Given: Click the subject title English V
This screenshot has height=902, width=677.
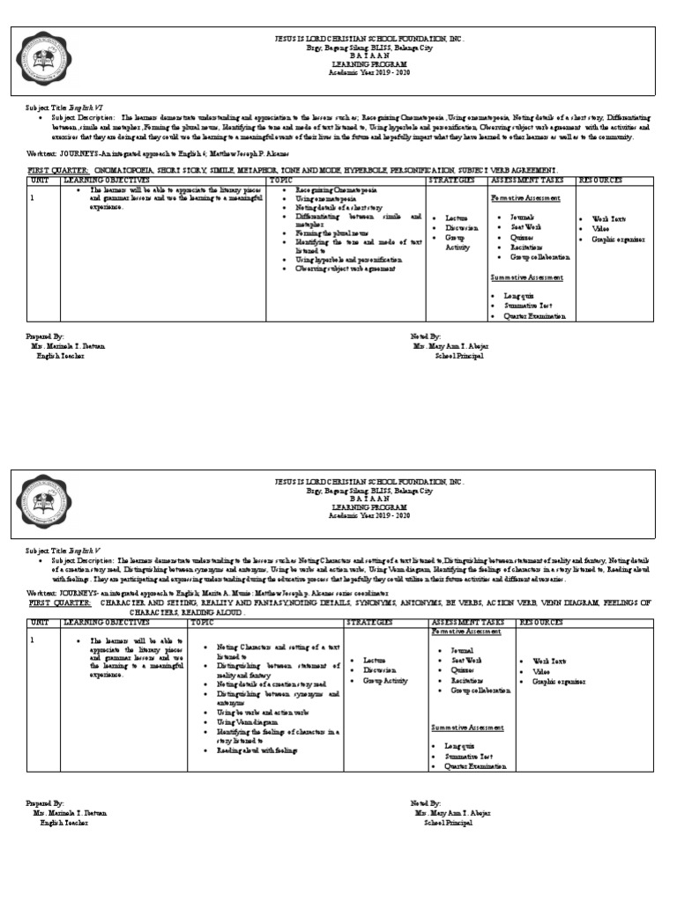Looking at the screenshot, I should tap(79, 550).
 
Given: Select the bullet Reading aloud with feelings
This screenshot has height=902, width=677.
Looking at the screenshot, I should tap(257, 750).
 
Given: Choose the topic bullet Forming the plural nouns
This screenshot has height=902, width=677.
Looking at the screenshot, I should tap(327, 233).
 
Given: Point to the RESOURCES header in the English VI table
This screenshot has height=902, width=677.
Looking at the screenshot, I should tap(600, 180).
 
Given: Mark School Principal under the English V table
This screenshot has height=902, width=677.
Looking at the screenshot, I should tap(448, 822).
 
